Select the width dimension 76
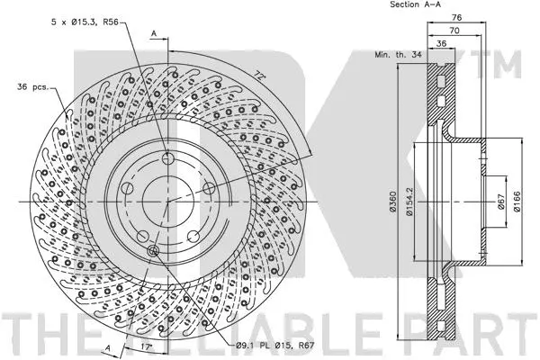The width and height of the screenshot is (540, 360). [x=456, y=18]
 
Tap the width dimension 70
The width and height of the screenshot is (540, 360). [x=456, y=30]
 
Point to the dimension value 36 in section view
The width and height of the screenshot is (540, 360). [x=441, y=42]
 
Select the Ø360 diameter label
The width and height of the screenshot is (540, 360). [x=394, y=209]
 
